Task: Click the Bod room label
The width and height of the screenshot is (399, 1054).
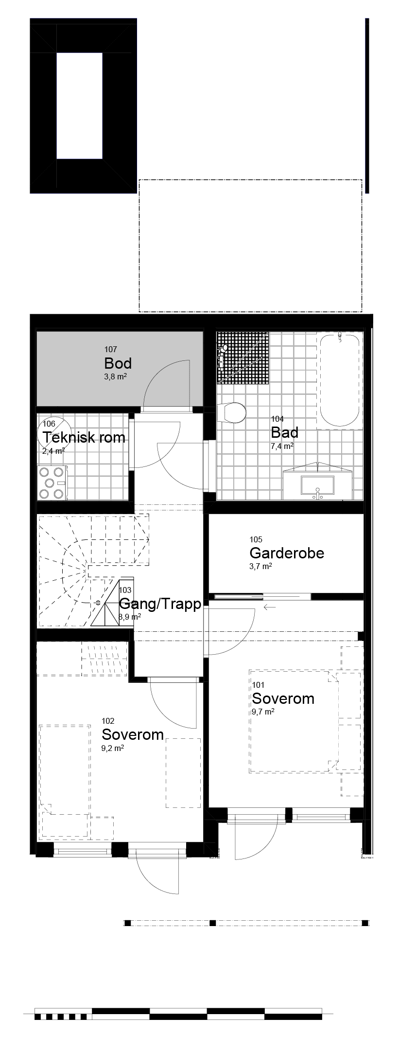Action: click(118, 363)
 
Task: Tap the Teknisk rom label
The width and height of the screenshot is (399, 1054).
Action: click(84, 437)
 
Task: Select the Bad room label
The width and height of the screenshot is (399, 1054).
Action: click(284, 432)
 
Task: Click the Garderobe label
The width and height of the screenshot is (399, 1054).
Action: click(286, 553)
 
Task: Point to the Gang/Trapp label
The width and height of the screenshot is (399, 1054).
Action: click(160, 604)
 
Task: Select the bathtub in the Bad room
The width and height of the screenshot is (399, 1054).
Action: click(339, 380)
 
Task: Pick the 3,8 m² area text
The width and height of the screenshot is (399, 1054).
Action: click(116, 376)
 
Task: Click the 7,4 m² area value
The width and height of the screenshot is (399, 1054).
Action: click(282, 446)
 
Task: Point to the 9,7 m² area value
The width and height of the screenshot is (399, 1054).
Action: click(263, 711)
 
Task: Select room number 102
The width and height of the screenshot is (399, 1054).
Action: click(108, 721)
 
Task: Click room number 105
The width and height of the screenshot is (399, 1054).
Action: click(256, 539)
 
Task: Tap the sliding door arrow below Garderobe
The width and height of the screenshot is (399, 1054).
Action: click(269, 607)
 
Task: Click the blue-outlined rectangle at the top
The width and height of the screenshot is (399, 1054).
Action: click(79, 106)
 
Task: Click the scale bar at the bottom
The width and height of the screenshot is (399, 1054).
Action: click(178, 1014)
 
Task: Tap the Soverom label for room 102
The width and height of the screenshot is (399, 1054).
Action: click(132, 734)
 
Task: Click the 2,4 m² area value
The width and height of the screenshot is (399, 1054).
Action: click(54, 450)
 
